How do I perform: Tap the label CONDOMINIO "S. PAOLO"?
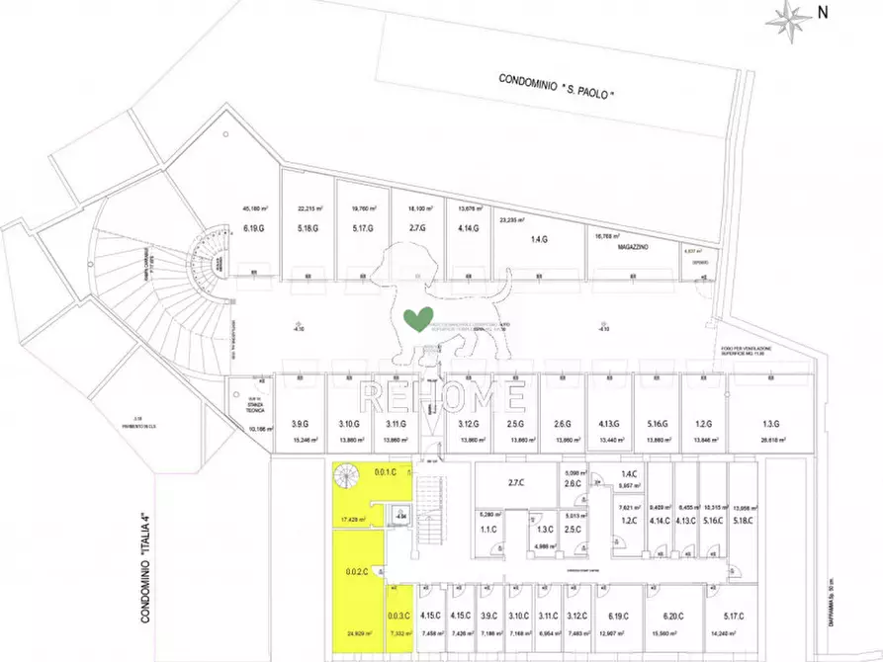[557, 86]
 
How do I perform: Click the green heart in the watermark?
[418, 319]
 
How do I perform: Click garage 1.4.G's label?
[539, 240]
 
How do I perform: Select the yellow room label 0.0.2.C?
[357, 571]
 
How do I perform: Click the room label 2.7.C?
[515, 483]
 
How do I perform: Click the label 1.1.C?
[488, 529]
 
